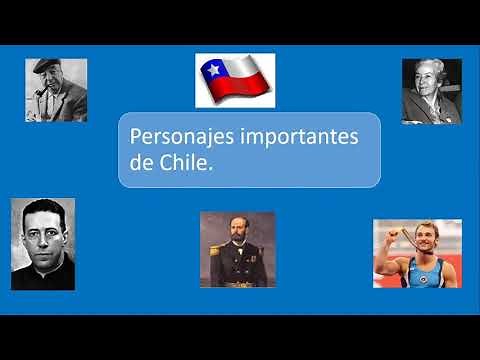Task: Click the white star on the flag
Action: pos(212,70)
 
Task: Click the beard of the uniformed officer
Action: pos(238,246)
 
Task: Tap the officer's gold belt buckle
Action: pos(238,284)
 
